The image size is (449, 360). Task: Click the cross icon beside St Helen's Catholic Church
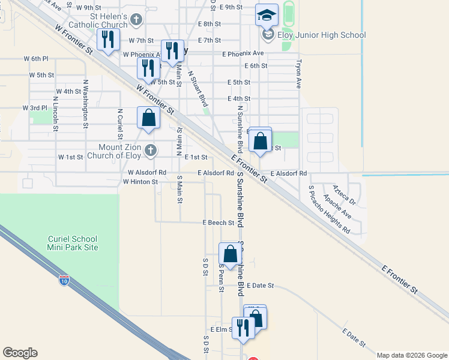point(136,20)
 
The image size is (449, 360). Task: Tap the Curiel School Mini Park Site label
point(73,243)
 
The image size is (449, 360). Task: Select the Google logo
point(20,353)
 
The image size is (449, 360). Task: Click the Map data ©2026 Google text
point(412,355)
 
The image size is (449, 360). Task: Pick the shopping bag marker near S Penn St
point(230,254)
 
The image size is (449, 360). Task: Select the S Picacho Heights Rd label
point(329,209)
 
